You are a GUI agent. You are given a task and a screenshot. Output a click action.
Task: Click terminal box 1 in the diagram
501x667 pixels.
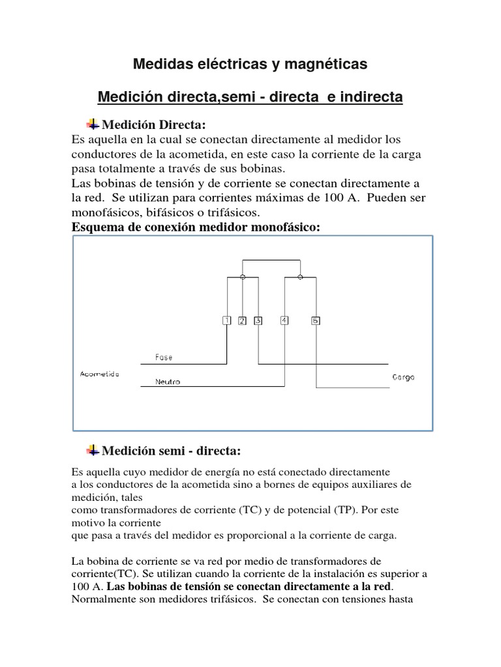[226, 320]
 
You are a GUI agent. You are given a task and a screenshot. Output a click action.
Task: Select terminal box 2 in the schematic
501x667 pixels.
[242, 320]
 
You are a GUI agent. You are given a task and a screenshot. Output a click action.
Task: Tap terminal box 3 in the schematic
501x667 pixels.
[258, 320]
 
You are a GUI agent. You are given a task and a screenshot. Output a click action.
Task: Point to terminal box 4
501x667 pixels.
[284, 320]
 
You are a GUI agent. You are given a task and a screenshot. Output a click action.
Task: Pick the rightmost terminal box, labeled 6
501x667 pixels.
[316, 320]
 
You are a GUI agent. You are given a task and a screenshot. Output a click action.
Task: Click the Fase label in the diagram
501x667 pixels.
[164, 357]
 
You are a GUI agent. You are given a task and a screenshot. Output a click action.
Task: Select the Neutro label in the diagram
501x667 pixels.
[168, 382]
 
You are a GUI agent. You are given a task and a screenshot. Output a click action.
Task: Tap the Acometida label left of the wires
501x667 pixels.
[99, 374]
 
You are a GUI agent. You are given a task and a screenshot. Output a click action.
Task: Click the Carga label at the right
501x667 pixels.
[403, 377]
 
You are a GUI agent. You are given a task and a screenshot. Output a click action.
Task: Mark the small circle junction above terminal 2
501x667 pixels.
[243, 277]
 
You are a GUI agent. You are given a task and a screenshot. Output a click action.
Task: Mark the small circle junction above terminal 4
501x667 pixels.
[300, 277]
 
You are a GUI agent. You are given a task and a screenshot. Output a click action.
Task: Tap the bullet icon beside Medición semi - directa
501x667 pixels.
[93, 449]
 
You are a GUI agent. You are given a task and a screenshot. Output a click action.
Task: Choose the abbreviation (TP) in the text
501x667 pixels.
[334, 510]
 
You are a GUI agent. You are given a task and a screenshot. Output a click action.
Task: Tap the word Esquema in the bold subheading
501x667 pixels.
[97, 227]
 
